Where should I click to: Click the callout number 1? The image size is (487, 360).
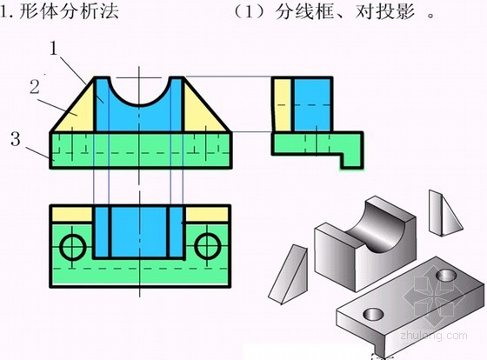click(x=54, y=49)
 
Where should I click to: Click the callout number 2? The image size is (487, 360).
click(x=35, y=87)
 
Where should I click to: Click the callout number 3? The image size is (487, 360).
click(x=16, y=138)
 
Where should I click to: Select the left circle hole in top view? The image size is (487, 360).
click(x=73, y=247)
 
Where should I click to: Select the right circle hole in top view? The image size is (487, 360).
click(x=208, y=247)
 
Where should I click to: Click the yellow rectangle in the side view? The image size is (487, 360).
click(x=282, y=105)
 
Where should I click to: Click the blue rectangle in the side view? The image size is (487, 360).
click(x=312, y=105)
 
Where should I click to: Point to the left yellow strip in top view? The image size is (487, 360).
click(x=72, y=215)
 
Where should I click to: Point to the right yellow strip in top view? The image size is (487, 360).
click(x=207, y=215)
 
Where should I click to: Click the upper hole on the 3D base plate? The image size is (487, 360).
click(x=446, y=276)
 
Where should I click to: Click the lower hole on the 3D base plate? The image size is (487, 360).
click(x=373, y=314)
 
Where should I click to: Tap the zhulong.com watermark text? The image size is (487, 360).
click(x=434, y=336)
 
